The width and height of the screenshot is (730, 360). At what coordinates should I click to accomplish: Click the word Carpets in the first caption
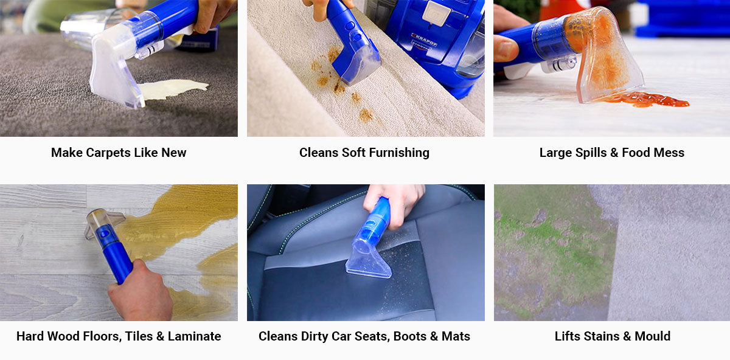[x=106, y=153]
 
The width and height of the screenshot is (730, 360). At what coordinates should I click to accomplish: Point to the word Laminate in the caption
[x=193, y=336]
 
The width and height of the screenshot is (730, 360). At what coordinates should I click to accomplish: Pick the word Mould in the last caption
[x=652, y=336]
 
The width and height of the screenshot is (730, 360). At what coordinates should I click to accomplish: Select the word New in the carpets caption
[x=173, y=153]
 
